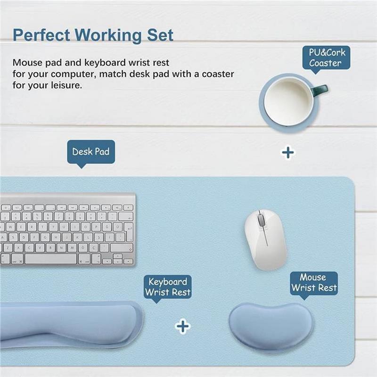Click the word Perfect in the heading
pos(41,35)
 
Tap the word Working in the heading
pos(108,36)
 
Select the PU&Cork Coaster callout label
pos(326,58)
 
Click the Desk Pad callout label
pos(91,152)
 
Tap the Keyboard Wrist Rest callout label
pos(168,287)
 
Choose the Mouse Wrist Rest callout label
pos(314,283)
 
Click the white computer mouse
pos(265,239)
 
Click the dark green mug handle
pos(320,90)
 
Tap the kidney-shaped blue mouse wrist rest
pos(271,325)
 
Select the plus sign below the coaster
pos(288,153)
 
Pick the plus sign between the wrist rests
pos(183,326)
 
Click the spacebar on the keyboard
pos(50,259)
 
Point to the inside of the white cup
pos(288,102)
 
